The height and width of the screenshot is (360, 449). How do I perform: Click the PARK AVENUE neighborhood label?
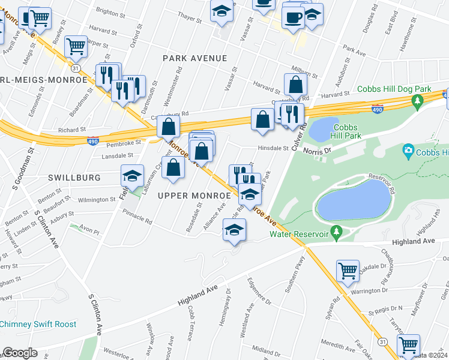click(x=195, y=58)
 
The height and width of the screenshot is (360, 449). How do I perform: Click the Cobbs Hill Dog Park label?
click(x=394, y=89)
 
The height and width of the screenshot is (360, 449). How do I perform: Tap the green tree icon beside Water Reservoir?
click(x=337, y=230)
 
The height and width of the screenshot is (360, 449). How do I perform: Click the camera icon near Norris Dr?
click(x=409, y=149)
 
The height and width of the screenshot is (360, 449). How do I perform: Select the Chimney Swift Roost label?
click(x=38, y=324)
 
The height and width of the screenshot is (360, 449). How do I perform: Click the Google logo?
click(x=20, y=353)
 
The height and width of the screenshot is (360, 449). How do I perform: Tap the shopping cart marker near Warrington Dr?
click(x=348, y=271)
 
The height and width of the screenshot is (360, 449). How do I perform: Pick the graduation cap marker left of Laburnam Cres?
click(x=133, y=176)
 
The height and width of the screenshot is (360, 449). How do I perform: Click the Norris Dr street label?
click(x=317, y=151)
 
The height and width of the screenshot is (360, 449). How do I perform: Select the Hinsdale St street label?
click(x=273, y=148)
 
